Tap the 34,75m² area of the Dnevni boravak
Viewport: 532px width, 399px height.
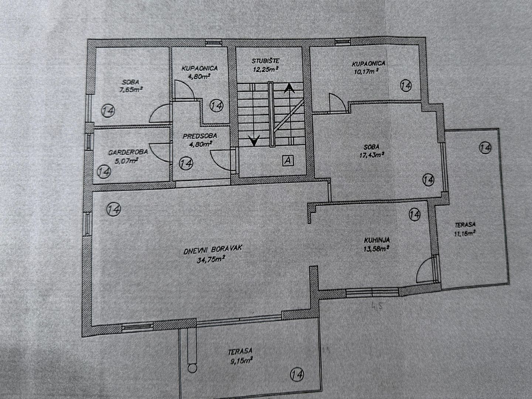pos(211,260)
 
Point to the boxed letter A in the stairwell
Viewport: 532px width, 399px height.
pos(288,160)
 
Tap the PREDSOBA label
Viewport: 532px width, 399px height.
pos(200,136)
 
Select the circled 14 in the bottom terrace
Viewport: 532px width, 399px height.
pos(297,375)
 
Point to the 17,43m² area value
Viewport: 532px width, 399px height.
pos(371,155)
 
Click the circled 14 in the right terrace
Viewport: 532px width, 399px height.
pos(485,148)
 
